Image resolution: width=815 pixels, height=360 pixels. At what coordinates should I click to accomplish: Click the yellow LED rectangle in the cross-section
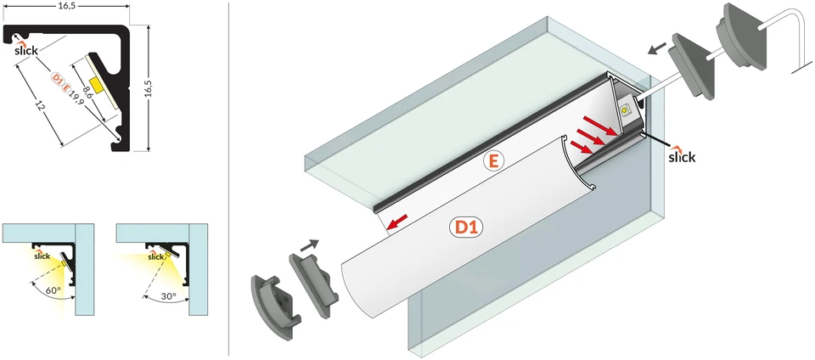[96, 85]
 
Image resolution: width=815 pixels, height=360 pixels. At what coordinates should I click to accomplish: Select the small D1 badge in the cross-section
[57, 78]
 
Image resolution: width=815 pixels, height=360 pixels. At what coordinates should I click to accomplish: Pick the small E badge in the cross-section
[65, 87]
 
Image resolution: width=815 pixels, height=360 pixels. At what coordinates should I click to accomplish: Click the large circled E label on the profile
[493, 162]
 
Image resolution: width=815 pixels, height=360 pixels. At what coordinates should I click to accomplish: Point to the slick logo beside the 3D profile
[682, 155]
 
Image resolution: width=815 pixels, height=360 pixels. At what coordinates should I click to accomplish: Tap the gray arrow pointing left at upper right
[657, 49]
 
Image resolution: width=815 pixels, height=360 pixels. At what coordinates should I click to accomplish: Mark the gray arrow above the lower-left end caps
[309, 244]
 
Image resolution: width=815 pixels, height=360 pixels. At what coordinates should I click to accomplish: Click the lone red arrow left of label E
[397, 223]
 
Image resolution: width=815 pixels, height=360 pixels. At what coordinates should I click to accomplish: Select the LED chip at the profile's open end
[626, 110]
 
